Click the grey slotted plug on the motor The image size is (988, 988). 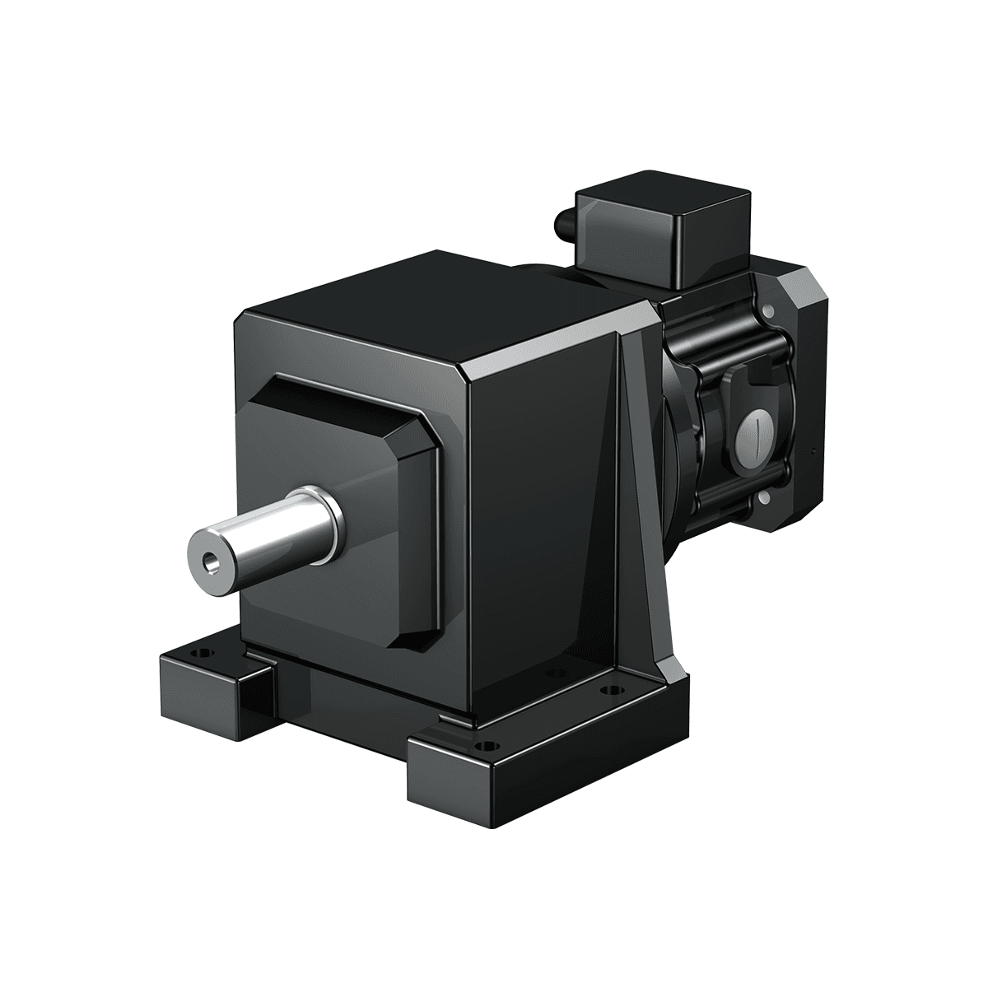click(755, 429)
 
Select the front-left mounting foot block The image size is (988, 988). click(210, 675)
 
